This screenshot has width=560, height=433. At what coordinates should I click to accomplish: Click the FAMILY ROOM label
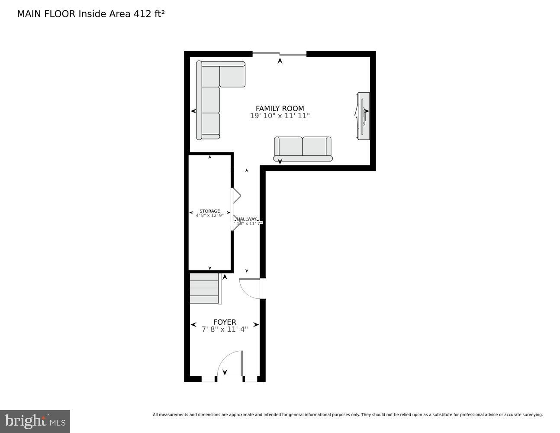[280, 108]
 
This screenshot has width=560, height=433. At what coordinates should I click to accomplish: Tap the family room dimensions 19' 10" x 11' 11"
[280, 116]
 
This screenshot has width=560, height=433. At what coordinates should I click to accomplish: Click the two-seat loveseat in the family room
[303, 149]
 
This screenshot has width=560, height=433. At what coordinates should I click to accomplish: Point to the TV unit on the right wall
[363, 116]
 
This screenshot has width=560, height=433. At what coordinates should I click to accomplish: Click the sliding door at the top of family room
[279, 54]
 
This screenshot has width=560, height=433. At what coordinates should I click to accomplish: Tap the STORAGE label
[209, 211]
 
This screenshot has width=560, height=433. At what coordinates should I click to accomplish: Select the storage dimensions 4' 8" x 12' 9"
[209, 215]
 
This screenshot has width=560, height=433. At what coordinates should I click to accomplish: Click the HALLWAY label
[247, 219]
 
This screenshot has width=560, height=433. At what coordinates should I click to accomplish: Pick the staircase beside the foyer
[204, 288]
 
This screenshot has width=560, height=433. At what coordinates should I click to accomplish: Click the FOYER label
[225, 322]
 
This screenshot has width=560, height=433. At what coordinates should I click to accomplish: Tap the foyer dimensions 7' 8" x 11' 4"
[225, 330]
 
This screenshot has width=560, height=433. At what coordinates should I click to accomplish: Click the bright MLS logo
[35, 421]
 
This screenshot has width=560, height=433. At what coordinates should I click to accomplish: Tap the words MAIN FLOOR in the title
[46, 14]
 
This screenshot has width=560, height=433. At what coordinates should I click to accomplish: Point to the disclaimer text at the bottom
[348, 415]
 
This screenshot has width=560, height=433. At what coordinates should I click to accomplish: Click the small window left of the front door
[209, 379]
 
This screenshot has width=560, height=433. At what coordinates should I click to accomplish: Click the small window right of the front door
[250, 379]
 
